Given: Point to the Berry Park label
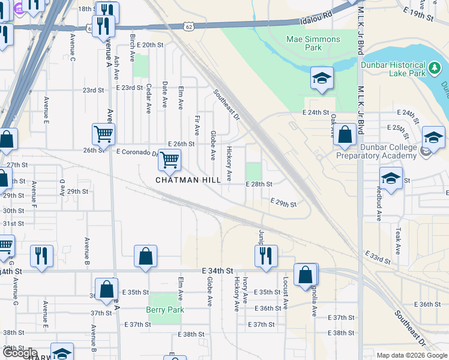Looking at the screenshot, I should pos(164,310).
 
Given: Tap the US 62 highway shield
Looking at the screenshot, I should pos(89,28).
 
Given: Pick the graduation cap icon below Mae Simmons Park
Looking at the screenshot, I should pos(322,78).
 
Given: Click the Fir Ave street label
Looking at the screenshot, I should pos(197,125).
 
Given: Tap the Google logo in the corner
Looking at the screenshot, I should pos(19,352).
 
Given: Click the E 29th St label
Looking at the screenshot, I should pos(283,203).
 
